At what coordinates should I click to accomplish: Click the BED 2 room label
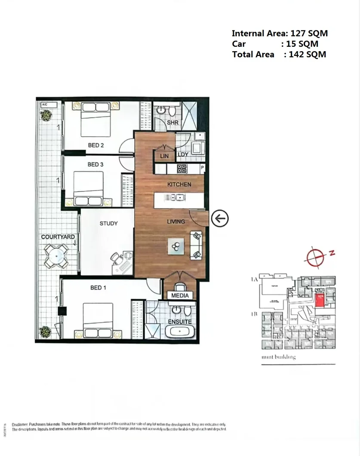click(96, 145)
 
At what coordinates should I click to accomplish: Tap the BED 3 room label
click(95, 164)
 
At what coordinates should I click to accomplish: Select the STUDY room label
click(108, 223)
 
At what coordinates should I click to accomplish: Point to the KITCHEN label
click(179, 184)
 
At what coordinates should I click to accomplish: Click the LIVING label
click(176, 222)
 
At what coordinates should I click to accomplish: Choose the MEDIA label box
click(180, 296)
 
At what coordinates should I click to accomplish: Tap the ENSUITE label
click(180, 321)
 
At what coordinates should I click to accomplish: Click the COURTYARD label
click(58, 237)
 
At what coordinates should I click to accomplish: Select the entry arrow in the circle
click(220, 218)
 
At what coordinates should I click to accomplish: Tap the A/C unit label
click(44, 104)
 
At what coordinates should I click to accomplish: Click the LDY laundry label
click(183, 155)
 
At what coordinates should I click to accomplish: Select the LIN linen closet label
click(164, 156)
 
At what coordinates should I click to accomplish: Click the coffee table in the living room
click(175, 246)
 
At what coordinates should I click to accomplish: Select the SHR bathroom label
click(172, 122)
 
